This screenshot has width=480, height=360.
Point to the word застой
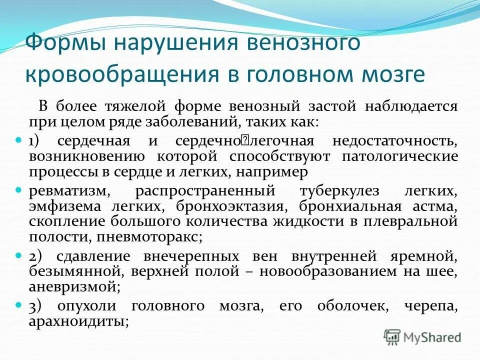coord(356,106)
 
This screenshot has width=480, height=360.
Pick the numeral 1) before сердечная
coord(35,141)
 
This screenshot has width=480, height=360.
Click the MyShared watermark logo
coord(422,336)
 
